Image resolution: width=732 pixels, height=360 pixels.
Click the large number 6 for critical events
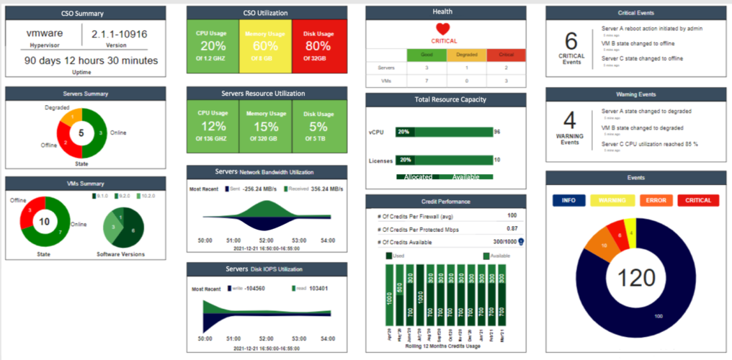click(x=571, y=41)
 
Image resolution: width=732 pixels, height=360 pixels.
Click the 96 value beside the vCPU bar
click(x=497, y=132)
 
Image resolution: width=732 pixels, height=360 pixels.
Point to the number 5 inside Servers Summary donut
click(x=81, y=133)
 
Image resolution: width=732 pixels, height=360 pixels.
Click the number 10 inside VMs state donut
click(x=45, y=222)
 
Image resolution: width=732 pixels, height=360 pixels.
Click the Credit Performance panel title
click(x=445, y=201)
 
